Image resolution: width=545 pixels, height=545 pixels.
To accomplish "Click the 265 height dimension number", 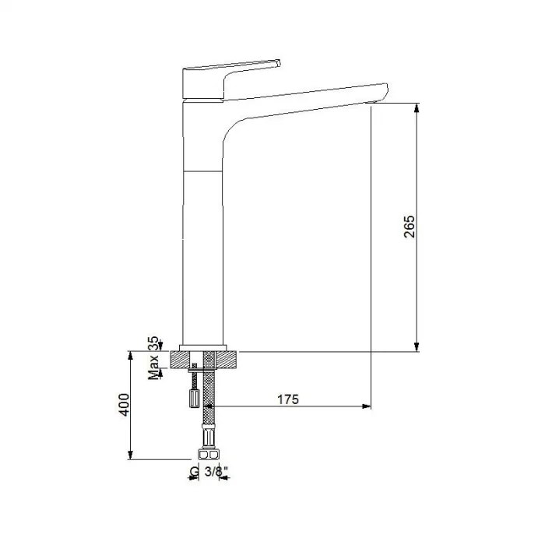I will tap(410, 226).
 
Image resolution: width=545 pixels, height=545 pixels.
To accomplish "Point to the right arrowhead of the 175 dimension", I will tap(365, 406).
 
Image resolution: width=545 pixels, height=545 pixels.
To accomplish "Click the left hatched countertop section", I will tap(185, 360).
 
